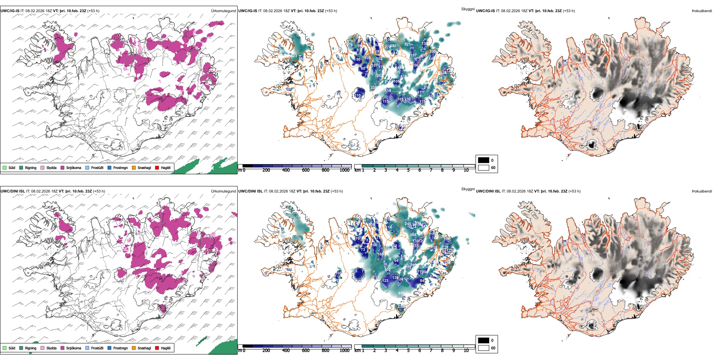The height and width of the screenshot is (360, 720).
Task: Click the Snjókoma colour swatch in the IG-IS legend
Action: coord(62,167)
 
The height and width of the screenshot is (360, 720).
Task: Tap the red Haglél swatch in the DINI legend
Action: coord(157,348)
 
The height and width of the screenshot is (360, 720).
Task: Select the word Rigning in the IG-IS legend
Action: coord(31,168)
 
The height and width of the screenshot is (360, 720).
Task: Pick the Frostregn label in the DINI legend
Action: coord(121,348)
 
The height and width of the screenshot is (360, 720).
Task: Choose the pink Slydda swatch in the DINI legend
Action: coord(42,348)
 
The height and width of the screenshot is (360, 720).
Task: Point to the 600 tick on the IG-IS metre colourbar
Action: coord(305,170)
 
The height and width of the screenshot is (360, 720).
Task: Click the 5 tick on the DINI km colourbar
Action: coord(408,351)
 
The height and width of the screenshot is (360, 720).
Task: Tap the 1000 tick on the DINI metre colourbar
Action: coord(344,351)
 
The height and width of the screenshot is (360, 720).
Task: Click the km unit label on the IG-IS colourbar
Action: coord(357,170)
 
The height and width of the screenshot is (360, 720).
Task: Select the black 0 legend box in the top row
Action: coord(484,160)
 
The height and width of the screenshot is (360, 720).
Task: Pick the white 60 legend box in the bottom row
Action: coord(484,348)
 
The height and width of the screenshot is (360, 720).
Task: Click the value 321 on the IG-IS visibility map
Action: coord(407,44)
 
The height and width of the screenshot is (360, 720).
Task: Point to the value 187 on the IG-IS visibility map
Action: coord(413,55)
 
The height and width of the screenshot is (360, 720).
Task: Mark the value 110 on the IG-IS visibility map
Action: coord(358,95)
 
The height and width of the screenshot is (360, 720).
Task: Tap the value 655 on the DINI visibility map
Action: coord(401,293)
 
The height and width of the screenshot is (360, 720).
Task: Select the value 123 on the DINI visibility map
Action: coord(385,281)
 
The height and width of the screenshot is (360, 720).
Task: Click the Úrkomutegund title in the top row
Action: coord(223,11)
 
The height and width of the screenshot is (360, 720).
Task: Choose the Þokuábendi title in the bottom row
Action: coord(702,191)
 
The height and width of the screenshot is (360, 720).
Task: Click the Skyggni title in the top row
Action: coord(468,9)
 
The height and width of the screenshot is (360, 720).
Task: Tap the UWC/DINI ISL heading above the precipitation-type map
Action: coord(13,191)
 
